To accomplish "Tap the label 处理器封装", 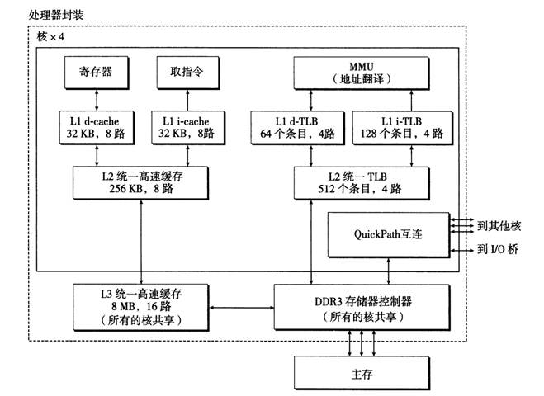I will click(55, 16).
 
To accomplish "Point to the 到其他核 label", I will click(499, 223).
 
